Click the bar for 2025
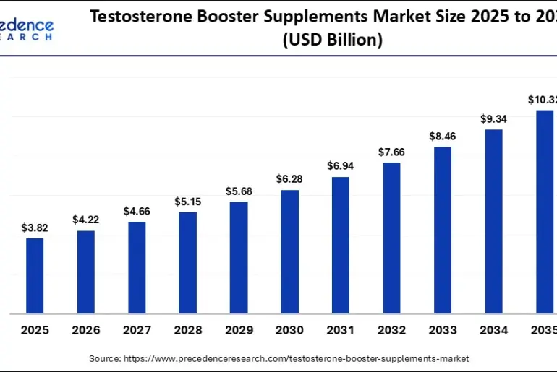pyautogui.click(x=35, y=276)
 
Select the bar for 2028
pyautogui.click(x=187, y=263)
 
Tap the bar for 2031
pyautogui.click(x=341, y=245)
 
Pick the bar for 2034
pyautogui.click(x=493, y=221)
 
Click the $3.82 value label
pyautogui.click(x=35, y=228)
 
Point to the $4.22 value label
pyautogui.click(x=85, y=220)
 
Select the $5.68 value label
pyautogui.click(x=238, y=191)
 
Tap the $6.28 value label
pyautogui.click(x=289, y=178)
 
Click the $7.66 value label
pyautogui.click(x=391, y=152)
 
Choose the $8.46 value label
pyautogui.click(x=443, y=135)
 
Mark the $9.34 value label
pyautogui.click(x=493, y=118)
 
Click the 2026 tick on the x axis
pyautogui.click(x=85, y=330)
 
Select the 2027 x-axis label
pyautogui.click(x=137, y=330)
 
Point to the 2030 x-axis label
pyautogui.click(x=289, y=330)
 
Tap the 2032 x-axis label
pyautogui.click(x=391, y=330)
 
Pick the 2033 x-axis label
pyautogui.click(x=443, y=330)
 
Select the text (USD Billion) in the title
pyautogui.click(x=332, y=40)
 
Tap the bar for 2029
pyautogui.click(x=238, y=258)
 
